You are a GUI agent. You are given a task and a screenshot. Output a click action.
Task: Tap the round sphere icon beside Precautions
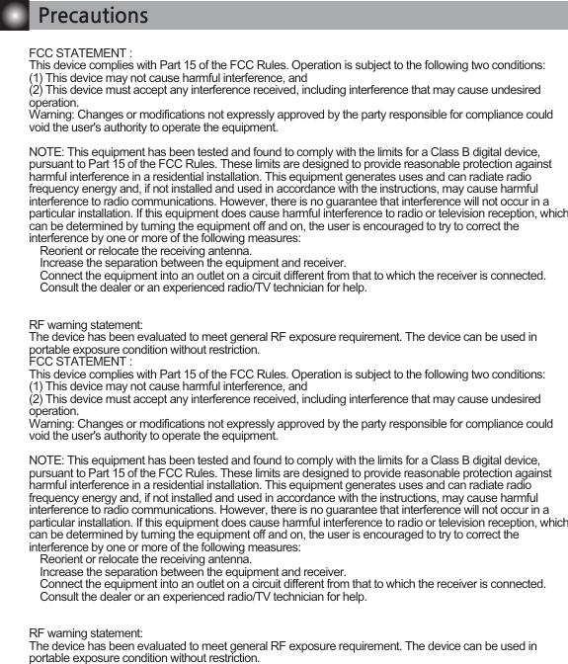(x=13, y=17)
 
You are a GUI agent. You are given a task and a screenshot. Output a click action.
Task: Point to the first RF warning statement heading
(x=86, y=325)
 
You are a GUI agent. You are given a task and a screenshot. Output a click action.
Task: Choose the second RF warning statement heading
(x=86, y=632)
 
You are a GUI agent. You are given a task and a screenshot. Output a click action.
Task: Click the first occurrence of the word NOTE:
(x=46, y=155)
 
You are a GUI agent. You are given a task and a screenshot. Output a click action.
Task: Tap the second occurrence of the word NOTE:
(x=46, y=462)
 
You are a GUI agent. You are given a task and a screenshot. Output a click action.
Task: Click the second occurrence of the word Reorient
(x=63, y=559)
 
